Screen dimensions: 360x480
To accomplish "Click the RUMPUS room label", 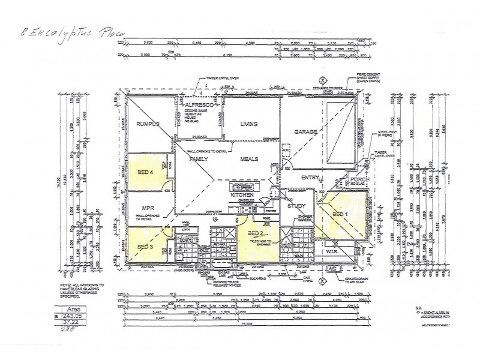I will (x=146, y=124).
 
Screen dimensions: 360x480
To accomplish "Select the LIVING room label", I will (x=249, y=124).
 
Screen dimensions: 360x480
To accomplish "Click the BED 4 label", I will (x=145, y=173).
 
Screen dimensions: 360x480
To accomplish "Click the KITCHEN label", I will (x=242, y=196).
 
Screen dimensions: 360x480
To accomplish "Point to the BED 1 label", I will (x=340, y=214).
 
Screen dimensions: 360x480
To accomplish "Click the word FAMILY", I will (x=199, y=159).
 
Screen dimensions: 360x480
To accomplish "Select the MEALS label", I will (x=249, y=159).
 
